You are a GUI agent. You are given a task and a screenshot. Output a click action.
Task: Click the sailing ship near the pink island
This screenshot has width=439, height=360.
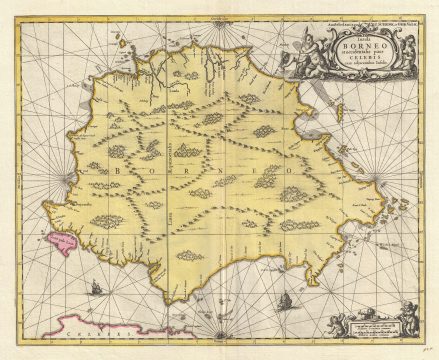tap(97, 289)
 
